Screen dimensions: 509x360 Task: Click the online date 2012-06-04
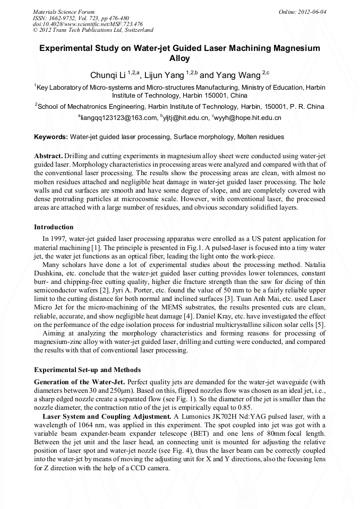click(x=308, y=11)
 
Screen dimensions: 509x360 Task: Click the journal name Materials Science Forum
click(x=64, y=11)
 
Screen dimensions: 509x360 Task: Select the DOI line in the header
click(x=88, y=24)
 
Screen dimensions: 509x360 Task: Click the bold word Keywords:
click(x=51, y=137)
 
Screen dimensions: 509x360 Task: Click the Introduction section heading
click(x=54, y=227)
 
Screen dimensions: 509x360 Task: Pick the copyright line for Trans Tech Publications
click(x=93, y=30)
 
